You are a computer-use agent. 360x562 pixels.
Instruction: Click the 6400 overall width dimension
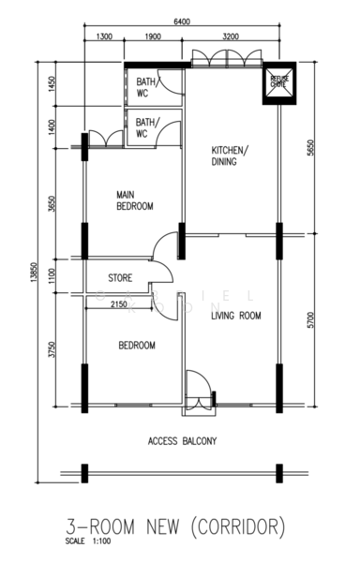[x=184, y=20]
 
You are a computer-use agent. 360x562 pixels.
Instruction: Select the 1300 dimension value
[x=104, y=37]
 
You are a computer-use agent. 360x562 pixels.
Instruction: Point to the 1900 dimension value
[x=153, y=37]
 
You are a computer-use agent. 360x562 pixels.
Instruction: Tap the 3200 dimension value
[x=231, y=37]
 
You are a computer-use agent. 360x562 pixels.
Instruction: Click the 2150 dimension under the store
[x=119, y=303]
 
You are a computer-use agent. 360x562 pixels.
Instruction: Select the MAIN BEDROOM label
[x=134, y=200]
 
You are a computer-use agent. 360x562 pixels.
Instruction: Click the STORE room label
[x=119, y=278]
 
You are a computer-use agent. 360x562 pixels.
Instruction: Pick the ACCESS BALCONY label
[x=182, y=440]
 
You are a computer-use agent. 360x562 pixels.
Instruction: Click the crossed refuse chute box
[x=278, y=81]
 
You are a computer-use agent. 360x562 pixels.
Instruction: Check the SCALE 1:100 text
[x=87, y=541]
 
